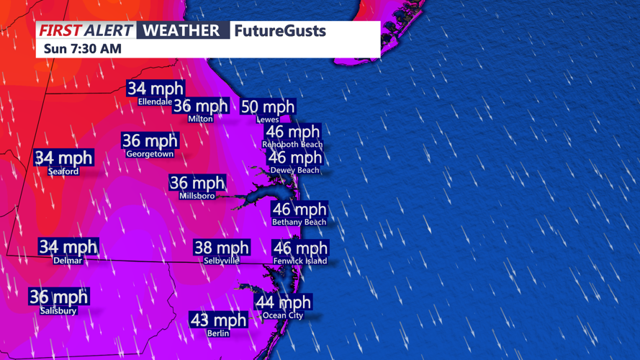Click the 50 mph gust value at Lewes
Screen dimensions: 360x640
[268, 107]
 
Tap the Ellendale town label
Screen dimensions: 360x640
[155, 102]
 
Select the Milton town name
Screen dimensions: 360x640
[200, 119]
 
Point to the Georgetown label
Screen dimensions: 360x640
[150, 154]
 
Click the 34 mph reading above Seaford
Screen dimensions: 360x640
[64, 158]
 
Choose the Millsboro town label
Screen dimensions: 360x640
[197, 196]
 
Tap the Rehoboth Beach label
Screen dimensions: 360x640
[292, 145]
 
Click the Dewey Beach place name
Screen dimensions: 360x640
[294, 171]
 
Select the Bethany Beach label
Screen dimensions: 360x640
[299, 222]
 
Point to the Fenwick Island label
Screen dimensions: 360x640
[300, 261]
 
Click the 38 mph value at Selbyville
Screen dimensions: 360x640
[222, 248]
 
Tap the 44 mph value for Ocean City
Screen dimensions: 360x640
[284, 302]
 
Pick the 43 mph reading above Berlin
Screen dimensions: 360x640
[218, 320]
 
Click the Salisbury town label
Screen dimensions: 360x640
[58, 310]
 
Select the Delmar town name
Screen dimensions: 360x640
[68, 261]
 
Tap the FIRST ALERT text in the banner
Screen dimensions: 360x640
[86, 31]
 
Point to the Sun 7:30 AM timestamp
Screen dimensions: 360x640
[83, 49]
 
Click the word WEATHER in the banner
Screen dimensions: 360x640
[181, 31]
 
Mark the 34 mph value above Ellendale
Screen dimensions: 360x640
[156, 89]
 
